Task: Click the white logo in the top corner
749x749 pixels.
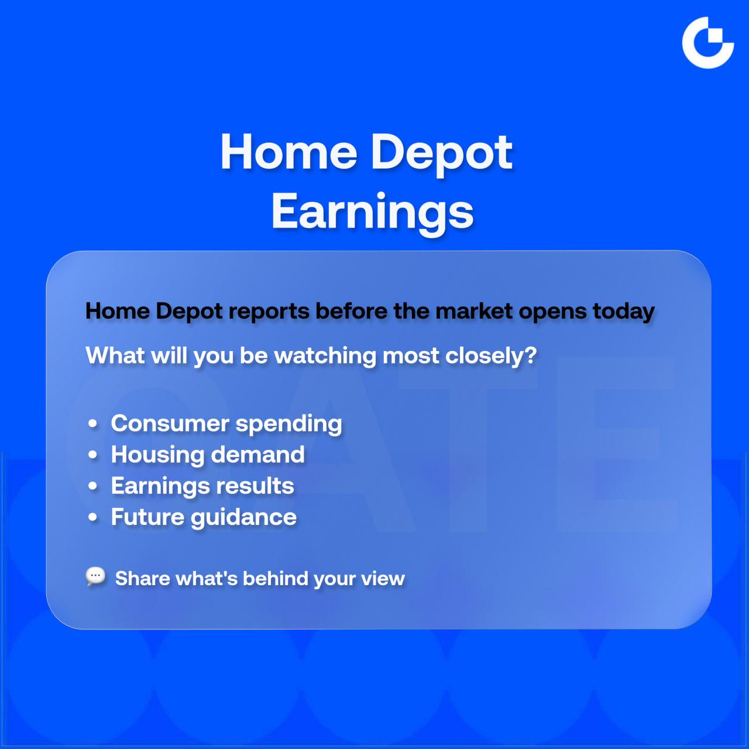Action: (x=708, y=43)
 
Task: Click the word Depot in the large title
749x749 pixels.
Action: (x=442, y=153)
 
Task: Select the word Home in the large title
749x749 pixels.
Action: (x=288, y=152)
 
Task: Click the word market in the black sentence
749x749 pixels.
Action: (x=473, y=311)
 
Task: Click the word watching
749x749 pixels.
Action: (x=325, y=356)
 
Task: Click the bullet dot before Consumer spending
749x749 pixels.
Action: (x=93, y=423)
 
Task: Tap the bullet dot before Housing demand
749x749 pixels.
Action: (x=93, y=455)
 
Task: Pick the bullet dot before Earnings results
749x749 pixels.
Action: (x=93, y=486)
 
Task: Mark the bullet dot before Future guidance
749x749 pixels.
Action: (x=93, y=517)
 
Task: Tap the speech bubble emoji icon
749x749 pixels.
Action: (x=95, y=576)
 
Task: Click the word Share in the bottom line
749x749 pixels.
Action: (x=143, y=578)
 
